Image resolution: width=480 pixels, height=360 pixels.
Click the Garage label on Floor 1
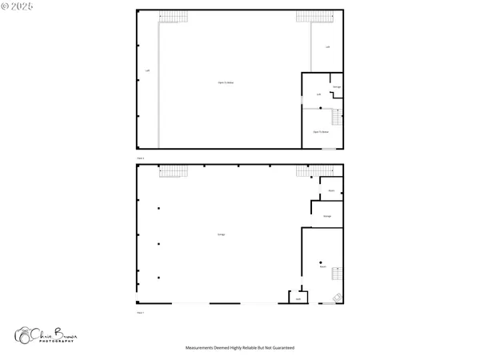221,234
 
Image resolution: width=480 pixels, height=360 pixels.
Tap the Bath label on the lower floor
298,298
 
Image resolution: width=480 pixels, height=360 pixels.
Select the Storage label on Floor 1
327,216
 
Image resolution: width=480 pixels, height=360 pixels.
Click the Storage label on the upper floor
337,86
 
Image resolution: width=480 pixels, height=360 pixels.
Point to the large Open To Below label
226,82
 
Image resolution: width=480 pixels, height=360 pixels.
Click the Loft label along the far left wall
147,70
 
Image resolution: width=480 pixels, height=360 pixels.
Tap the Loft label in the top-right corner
327,47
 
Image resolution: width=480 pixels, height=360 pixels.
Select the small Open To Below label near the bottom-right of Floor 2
320,132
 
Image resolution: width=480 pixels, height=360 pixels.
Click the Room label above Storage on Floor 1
331,190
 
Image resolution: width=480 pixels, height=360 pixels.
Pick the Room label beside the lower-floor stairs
322,266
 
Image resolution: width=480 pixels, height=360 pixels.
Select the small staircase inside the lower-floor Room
337,274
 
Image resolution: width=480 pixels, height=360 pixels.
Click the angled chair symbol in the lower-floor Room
338,298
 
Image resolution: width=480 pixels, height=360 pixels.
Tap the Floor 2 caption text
141,158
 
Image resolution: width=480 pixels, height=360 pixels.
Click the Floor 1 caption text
141,312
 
